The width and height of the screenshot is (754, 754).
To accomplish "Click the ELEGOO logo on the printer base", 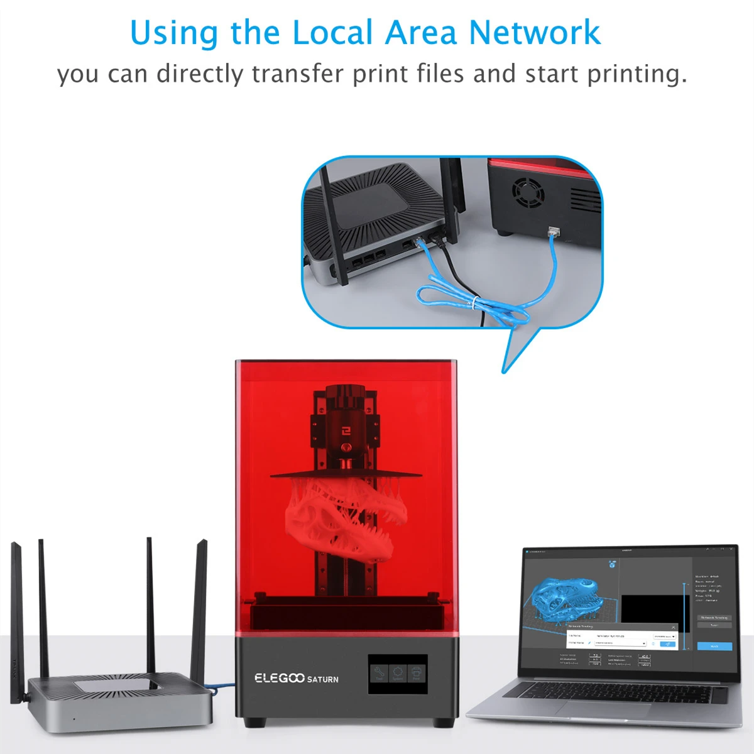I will (279, 678).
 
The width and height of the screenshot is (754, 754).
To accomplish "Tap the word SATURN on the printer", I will (323, 679).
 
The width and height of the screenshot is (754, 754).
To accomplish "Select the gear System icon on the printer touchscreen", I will (397, 674).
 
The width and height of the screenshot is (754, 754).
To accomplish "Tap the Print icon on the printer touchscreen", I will (416, 674).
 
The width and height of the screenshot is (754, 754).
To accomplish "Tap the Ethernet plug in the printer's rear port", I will (554, 232).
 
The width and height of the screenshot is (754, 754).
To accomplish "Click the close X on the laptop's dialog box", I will (673, 627).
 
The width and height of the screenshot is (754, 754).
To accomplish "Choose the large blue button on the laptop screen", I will (714, 646).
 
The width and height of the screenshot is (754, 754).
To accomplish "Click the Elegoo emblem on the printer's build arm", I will (345, 430).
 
